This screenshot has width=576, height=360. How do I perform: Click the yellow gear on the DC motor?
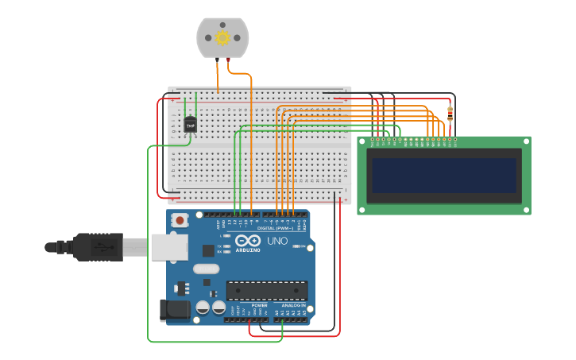tap(222, 37)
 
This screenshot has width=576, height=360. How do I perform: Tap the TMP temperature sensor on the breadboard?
tap(190, 125)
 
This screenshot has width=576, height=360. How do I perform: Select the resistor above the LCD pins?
tap(450, 114)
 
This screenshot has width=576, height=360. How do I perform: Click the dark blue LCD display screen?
tap(444, 176)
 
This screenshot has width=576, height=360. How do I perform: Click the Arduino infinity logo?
tap(247, 241)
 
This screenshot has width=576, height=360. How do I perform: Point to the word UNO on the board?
tap(277, 241)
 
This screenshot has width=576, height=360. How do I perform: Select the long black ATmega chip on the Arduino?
tap(266, 291)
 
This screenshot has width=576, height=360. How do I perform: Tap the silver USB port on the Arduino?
tap(168, 247)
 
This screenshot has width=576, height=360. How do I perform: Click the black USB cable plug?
tap(99, 247)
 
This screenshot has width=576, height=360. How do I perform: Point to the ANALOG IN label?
tap(292, 305)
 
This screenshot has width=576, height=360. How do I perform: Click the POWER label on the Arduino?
tap(259, 305)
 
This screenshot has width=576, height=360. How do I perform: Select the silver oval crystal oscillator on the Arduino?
tap(205, 269)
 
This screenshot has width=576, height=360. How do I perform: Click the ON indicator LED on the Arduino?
tap(300, 246)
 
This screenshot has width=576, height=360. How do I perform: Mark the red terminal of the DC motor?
tap(230, 59)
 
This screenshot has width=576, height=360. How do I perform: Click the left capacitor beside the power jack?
tap(203, 307)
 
